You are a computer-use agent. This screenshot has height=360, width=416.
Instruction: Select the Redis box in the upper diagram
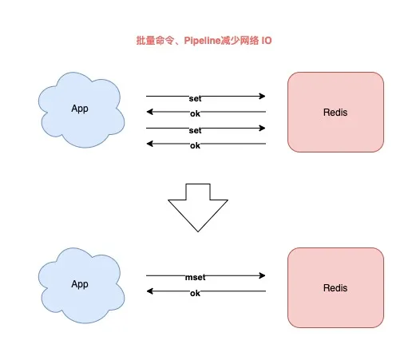pos(336,113)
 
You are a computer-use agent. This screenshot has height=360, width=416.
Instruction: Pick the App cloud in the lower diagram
pos(80,284)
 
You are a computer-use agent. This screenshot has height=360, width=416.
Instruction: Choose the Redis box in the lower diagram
pos(336,287)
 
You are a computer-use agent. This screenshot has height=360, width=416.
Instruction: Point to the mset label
pos(195,276)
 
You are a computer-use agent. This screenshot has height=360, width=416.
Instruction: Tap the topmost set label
pos(195,97)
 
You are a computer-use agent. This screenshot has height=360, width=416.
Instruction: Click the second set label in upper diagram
pos(195,129)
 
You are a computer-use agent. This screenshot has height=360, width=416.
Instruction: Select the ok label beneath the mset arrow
pos(195,294)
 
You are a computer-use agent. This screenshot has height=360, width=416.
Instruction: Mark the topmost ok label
pos(195,113)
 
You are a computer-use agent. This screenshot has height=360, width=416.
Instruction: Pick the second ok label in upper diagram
pos(195,145)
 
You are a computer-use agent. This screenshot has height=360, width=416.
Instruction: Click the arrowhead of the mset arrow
pos(262,276)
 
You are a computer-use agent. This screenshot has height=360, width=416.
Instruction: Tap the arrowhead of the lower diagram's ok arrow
pos(149,292)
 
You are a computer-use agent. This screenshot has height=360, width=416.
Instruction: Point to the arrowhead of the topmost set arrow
pos(262,97)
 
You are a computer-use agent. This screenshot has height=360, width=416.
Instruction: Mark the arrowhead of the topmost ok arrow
pos(149,113)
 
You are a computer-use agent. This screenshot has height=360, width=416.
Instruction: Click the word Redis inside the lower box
pos(336,287)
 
